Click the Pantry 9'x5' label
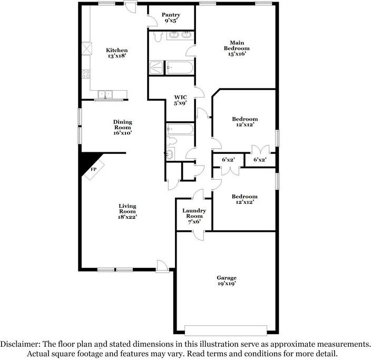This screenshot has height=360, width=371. pos(171,18)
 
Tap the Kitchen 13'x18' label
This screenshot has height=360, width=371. pos(116,53)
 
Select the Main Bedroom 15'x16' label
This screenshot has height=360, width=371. pos(237,48)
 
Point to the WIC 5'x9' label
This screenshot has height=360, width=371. pos(181,100)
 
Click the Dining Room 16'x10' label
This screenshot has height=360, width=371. pos(123,128)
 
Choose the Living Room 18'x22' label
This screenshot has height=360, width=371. pos(128,211)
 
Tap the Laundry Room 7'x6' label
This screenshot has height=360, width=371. pos(194,216)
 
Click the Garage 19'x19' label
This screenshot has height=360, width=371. pos(227,280)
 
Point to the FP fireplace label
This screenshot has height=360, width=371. pos(93,169)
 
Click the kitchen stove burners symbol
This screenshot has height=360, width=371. pos(86,74)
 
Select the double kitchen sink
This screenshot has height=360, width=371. pos(105,94)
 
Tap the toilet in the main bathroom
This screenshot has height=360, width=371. pos(158,37)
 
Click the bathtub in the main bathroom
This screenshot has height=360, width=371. pos(179,67)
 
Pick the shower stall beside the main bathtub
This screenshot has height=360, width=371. pos(156,67)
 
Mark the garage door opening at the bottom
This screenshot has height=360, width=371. pos(226,330)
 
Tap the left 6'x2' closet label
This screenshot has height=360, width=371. pos(228,160)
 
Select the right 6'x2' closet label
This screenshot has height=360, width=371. pos(260,160)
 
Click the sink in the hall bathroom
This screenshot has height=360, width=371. pos(170,154)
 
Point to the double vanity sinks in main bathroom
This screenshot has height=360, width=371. pos(180,35)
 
